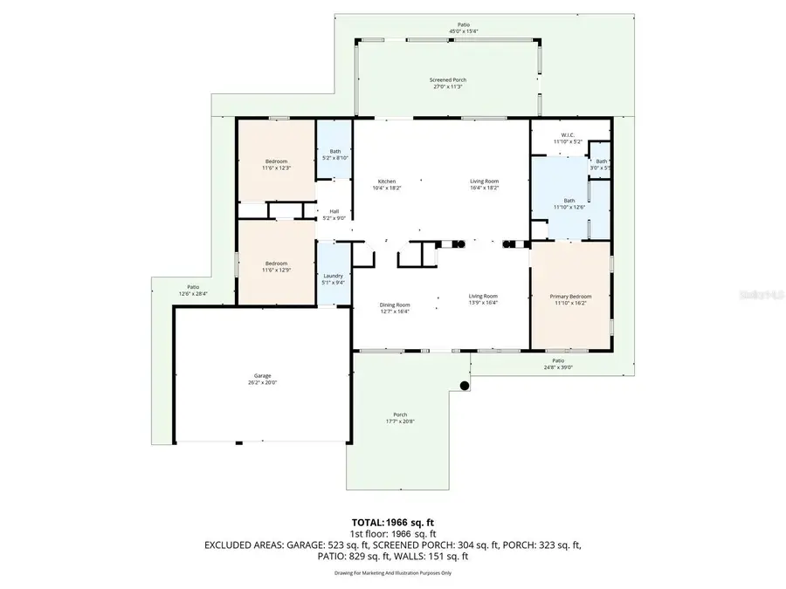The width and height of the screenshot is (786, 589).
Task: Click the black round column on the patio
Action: pyautogui.click(x=465, y=385)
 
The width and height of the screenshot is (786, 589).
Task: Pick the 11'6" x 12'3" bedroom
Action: pyautogui.click(x=277, y=165)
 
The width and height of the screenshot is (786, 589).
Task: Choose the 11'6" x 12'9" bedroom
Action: pyautogui.click(x=277, y=266)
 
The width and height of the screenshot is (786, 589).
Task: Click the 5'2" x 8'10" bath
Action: pyautogui.click(x=335, y=154)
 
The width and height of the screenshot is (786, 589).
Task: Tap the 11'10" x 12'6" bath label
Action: pyautogui.click(x=569, y=202)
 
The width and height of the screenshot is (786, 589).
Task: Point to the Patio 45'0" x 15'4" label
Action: pyautogui.click(x=464, y=27)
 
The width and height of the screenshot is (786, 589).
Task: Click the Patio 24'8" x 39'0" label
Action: pyautogui.click(x=558, y=364)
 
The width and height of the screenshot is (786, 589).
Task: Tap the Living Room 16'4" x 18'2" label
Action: pyautogui.click(x=484, y=184)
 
